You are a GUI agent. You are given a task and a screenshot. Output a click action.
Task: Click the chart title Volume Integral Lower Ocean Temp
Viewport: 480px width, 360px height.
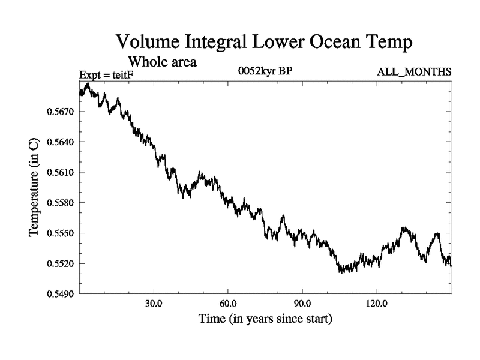(x=265, y=41)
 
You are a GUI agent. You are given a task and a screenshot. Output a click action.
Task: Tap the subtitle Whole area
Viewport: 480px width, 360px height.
(x=163, y=61)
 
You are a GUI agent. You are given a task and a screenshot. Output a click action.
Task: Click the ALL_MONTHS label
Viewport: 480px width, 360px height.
(x=414, y=73)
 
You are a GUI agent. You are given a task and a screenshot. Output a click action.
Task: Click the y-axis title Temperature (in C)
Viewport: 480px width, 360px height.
(x=35, y=188)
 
